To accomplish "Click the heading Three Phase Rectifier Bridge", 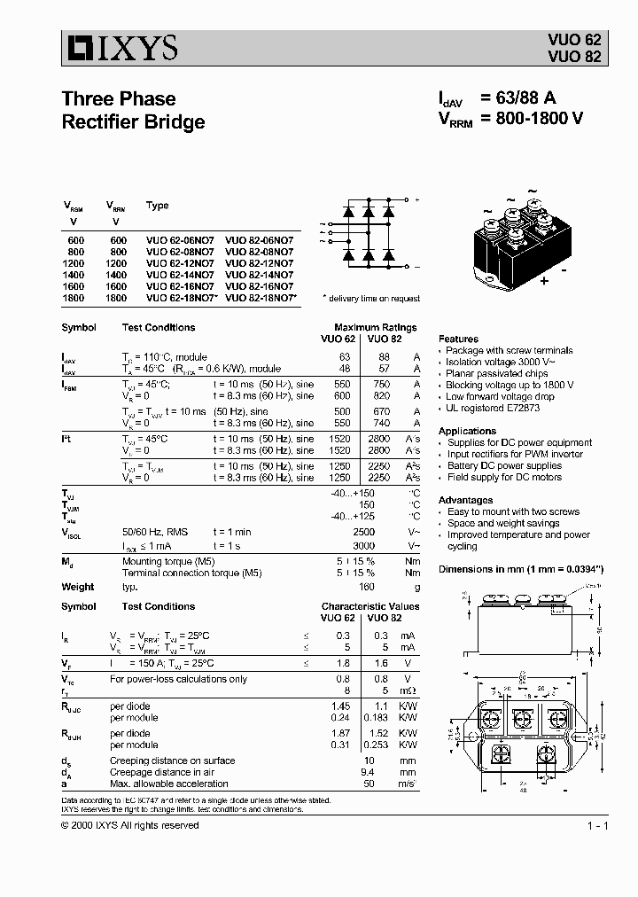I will [x=133, y=110].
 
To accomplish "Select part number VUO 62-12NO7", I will [x=180, y=264].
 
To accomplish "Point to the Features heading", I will [x=458, y=339].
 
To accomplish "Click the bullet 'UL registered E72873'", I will [x=493, y=409].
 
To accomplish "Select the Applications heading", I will [x=467, y=431].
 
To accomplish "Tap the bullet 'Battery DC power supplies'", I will [x=504, y=465].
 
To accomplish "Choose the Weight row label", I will [x=78, y=587].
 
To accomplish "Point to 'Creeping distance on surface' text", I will [x=172, y=760].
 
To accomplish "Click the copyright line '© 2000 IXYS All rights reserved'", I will [x=130, y=825].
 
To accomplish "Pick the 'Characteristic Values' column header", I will [x=370, y=606].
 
